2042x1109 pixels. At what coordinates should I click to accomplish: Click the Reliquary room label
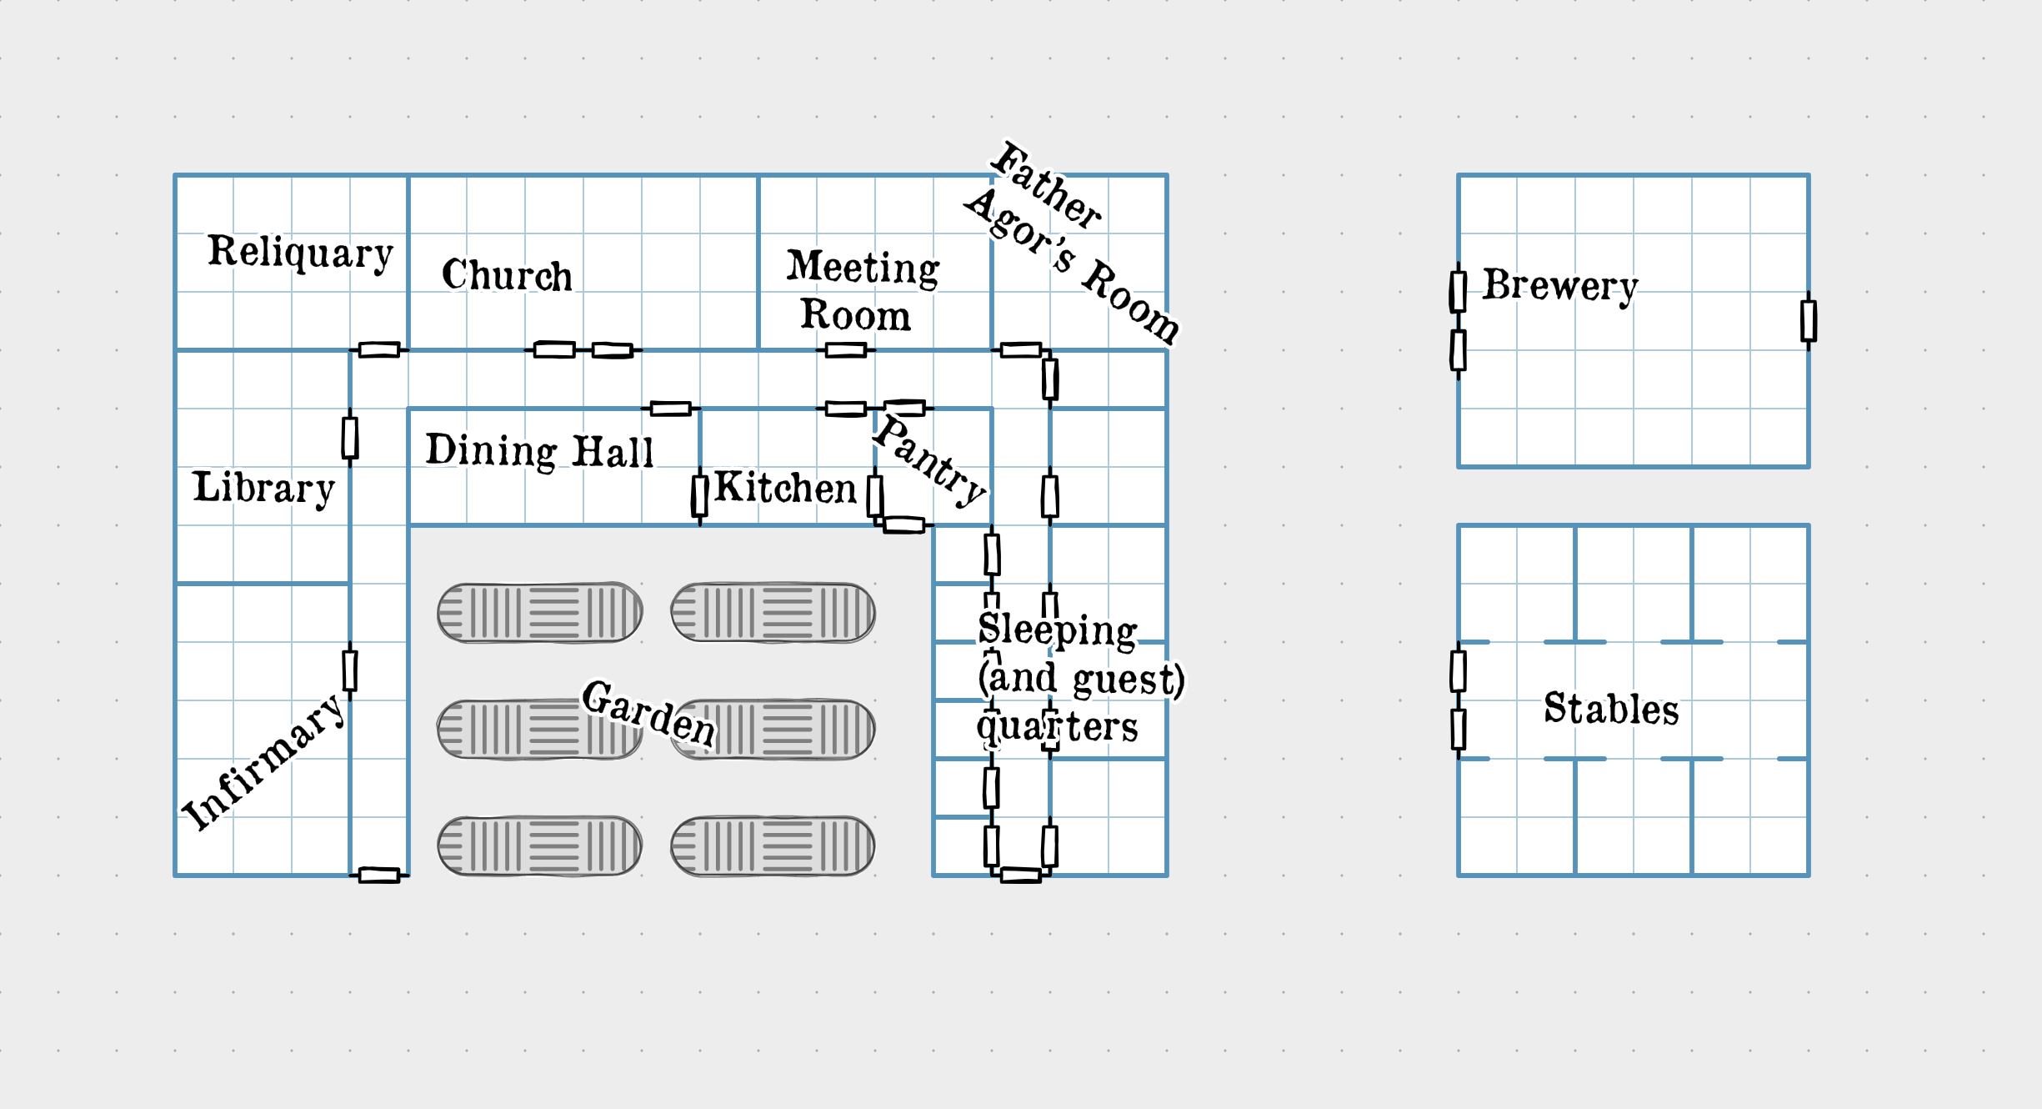pos(300,252)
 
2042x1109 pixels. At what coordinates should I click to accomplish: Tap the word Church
pos(507,275)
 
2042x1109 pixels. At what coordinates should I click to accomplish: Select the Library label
pos(263,488)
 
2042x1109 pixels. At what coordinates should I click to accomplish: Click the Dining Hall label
pos(539,451)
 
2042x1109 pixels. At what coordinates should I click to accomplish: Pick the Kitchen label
pos(785,488)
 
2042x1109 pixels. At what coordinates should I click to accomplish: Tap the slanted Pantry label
pos(929,460)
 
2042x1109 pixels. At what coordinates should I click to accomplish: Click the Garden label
pos(648,713)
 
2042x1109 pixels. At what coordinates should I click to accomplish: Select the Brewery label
pos(1559,285)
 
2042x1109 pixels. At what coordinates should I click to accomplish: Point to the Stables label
pos(1610,709)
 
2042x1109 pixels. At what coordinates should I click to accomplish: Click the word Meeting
pos(863,268)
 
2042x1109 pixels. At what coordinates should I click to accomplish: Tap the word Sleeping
pos(1057,630)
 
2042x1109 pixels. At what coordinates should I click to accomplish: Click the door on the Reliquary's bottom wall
pos(379,349)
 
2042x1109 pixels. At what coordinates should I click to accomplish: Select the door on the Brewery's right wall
pos(1808,321)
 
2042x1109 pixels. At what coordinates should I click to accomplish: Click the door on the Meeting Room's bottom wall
pos(845,349)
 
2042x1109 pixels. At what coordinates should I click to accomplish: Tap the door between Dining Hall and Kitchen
pos(699,495)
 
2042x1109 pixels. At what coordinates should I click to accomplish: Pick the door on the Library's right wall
pos(350,438)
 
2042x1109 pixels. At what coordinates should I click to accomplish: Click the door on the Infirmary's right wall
pos(350,671)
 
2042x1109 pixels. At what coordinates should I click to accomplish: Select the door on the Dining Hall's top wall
pos(670,409)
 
